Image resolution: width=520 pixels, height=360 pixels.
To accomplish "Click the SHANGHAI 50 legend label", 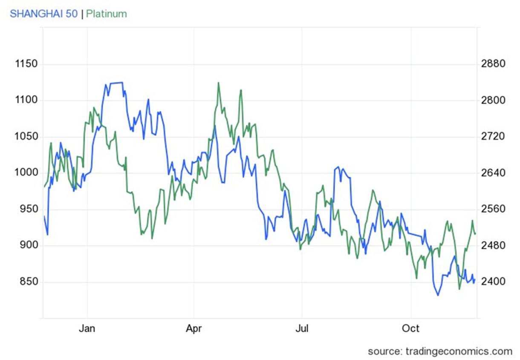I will click(44, 14).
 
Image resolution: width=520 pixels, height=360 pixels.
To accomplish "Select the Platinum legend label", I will click(107, 14).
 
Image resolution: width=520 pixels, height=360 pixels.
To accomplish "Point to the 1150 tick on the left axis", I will click(26, 64).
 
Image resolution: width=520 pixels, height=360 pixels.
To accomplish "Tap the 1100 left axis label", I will click(26, 100).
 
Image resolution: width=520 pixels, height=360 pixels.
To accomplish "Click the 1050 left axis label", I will click(26, 137).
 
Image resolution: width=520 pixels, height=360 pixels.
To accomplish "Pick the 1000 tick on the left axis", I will click(26, 173).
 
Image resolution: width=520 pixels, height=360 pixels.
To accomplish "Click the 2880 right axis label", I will click(493, 64).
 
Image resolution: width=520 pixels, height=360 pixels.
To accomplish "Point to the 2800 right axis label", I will click(493, 100).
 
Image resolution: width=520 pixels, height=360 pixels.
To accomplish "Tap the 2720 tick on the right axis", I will click(493, 137).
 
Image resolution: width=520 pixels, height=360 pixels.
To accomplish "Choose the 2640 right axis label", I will click(493, 173).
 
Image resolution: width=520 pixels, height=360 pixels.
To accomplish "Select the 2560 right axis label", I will click(493, 209).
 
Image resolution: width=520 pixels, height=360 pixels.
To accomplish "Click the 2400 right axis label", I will click(493, 282).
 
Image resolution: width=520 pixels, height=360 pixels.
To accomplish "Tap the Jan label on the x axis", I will click(87, 328).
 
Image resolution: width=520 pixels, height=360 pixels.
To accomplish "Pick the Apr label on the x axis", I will click(194, 328).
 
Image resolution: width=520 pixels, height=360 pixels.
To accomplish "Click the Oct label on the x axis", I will click(411, 328).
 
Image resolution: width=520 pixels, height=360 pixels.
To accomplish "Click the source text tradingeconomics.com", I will click(440, 351).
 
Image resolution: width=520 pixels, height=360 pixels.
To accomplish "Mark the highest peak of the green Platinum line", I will click(218, 83).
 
